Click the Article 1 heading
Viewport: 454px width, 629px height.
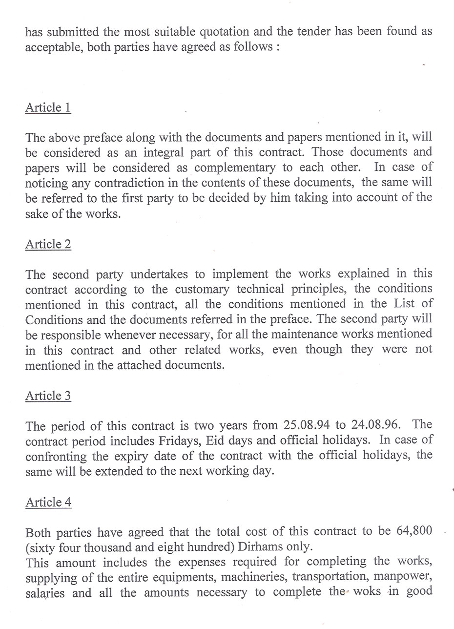click(48, 107)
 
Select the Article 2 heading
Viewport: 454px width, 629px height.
click(48, 244)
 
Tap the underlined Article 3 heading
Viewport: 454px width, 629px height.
click(48, 396)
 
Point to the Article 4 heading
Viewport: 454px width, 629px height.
click(48, 503)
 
